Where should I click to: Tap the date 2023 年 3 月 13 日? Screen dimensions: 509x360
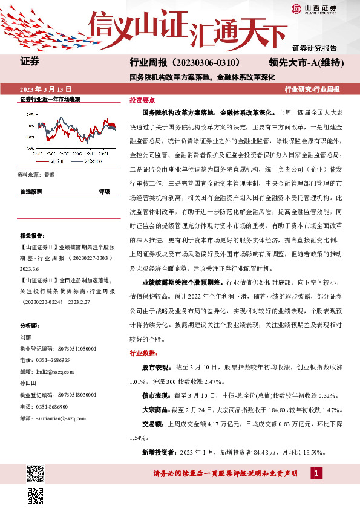pos(45,89)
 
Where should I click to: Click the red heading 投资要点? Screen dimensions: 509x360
pos(142,100)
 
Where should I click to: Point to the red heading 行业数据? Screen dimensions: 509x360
pos(143,353)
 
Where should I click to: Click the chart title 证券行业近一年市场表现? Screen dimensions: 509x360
pos(51,99)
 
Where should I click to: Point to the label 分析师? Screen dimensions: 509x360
pos(29,325)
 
